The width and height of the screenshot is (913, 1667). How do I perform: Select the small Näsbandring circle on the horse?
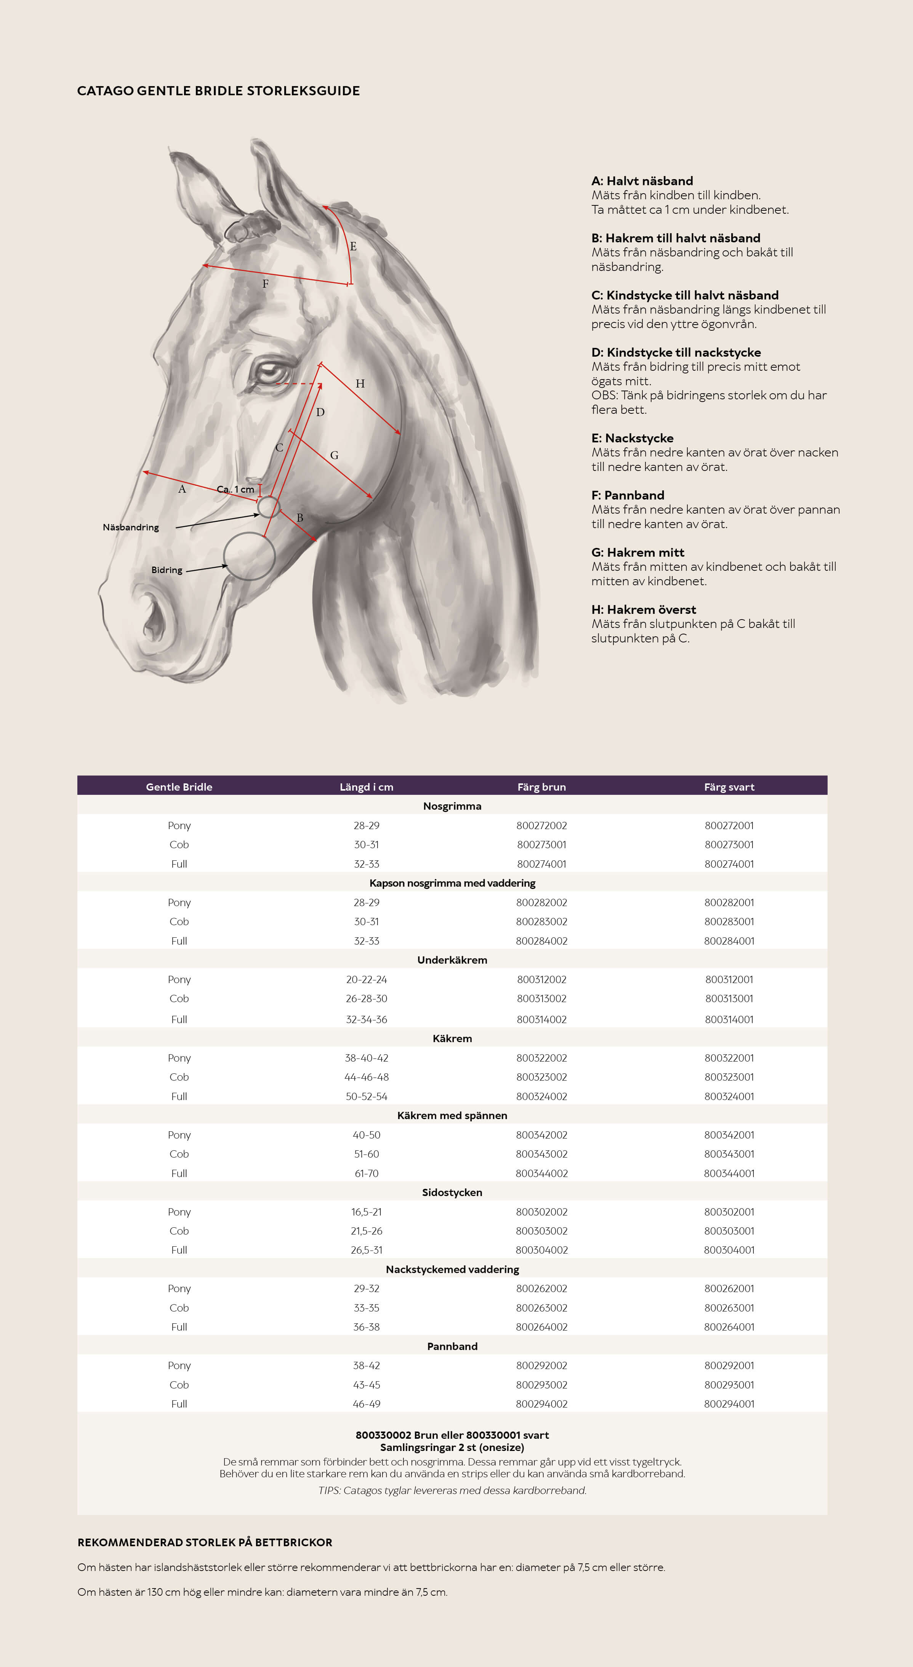click(269, 507)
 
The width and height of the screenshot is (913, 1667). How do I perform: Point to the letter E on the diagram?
click(353, 247)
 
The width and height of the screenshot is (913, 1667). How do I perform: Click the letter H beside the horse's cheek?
click(360, 384)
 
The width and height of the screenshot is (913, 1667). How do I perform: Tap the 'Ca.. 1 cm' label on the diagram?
click(235, 489)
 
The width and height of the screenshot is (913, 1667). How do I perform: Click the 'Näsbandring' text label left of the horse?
click(131, 527)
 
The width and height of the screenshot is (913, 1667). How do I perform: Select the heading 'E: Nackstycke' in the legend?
click(632, 438)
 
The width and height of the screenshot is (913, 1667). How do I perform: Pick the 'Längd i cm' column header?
click(366, 787)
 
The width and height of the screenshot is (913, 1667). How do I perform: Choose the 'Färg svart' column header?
click(729, 787)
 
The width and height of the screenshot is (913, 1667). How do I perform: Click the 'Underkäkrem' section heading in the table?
click(452, 960)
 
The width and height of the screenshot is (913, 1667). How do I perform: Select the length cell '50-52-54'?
click(366, 1096)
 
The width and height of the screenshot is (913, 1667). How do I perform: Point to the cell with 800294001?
click(729, 1404)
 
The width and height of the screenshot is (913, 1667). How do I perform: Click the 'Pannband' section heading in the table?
click(452, 1346)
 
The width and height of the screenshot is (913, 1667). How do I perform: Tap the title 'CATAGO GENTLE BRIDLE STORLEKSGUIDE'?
click(218, 91)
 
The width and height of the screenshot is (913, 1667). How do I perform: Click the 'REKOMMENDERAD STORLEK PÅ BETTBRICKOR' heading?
click(205, 1543)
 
